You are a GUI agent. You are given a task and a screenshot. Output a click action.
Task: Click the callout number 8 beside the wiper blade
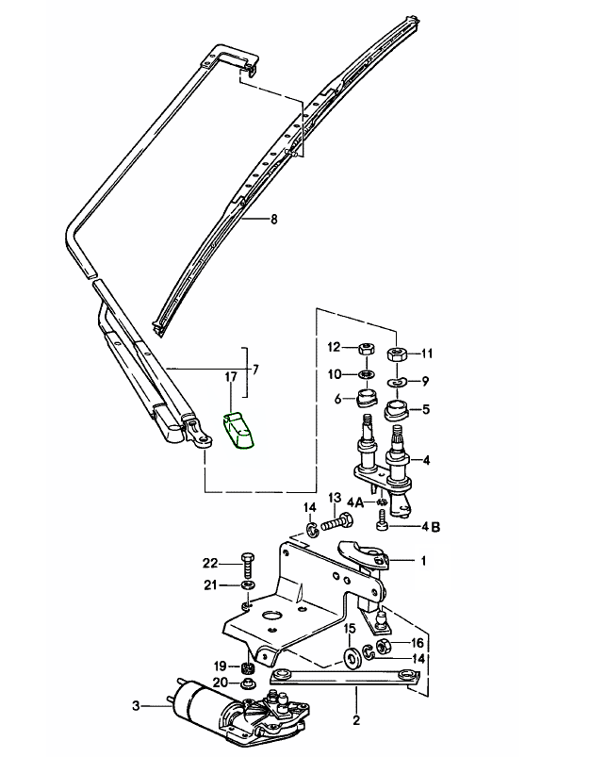point(274,220)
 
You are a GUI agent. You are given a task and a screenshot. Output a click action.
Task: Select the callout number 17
point(229,378)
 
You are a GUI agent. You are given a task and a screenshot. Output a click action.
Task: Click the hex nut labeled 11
point(397,355)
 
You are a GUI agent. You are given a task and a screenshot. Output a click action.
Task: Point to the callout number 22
point(210,563)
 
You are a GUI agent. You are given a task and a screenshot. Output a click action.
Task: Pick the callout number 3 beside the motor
point(136,706)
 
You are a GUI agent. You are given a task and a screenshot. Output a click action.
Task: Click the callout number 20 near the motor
point(219,683)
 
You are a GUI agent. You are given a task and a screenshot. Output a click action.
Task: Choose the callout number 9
point(425,382)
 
